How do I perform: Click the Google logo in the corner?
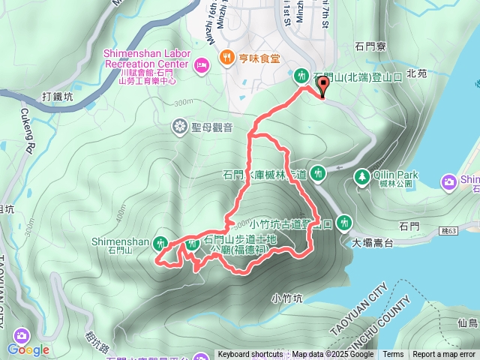tap(28, 349)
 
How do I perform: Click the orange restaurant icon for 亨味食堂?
tap(224, 56)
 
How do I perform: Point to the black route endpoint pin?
tap(323, 88)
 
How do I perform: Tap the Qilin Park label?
tap(397, 175)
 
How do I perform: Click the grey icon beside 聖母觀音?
tap(180, 126)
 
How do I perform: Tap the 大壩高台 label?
tap(372, 242)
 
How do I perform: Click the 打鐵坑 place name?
tap(58, 97)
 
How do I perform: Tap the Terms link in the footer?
tap(393, 355)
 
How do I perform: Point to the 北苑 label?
tap(416, 73)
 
